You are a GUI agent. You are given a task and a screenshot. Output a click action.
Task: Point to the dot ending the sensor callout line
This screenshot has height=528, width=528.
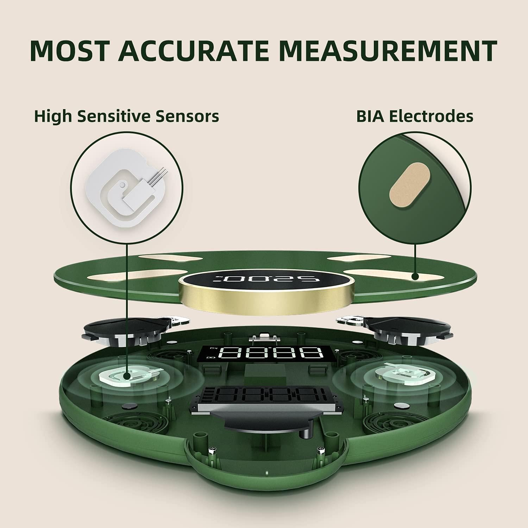point(126,377)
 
